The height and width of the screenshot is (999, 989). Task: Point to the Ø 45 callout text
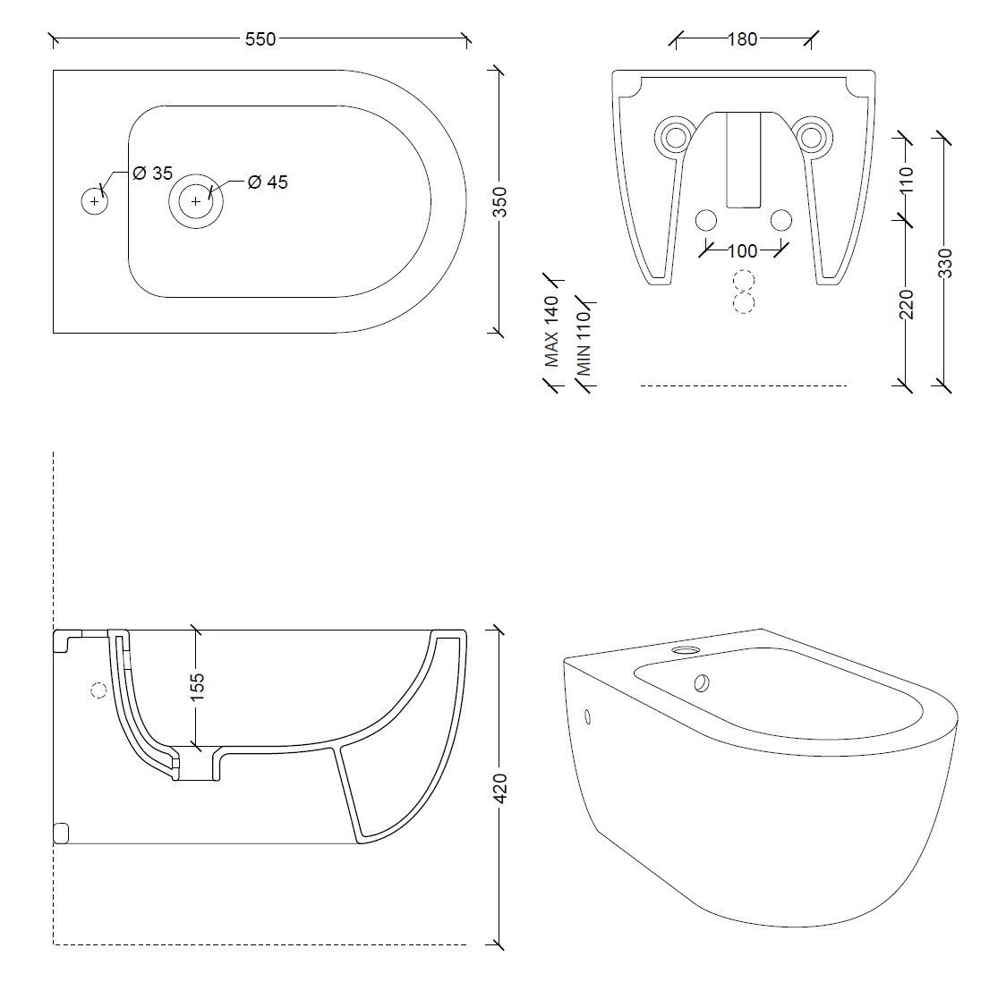tap(267, 182)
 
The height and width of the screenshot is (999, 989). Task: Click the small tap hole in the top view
tap(94, 201)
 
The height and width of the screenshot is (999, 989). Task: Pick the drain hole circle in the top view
tap(196, 201)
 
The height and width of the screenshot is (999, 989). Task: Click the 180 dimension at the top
tap(742, 38)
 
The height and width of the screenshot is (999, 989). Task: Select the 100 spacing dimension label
tap(742, 250)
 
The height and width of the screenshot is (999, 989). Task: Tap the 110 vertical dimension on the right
tap(907, 180)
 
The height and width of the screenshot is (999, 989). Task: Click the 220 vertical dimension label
tap(907, 304)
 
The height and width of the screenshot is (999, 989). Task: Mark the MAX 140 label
tap(552, 331)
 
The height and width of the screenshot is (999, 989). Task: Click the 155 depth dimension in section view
tap(198, 685)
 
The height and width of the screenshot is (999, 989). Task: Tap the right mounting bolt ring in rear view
tap(812, 135)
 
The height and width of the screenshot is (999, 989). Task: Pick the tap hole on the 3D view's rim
tap(686, 649)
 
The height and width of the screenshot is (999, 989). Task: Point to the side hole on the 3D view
tap(588, 715)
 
